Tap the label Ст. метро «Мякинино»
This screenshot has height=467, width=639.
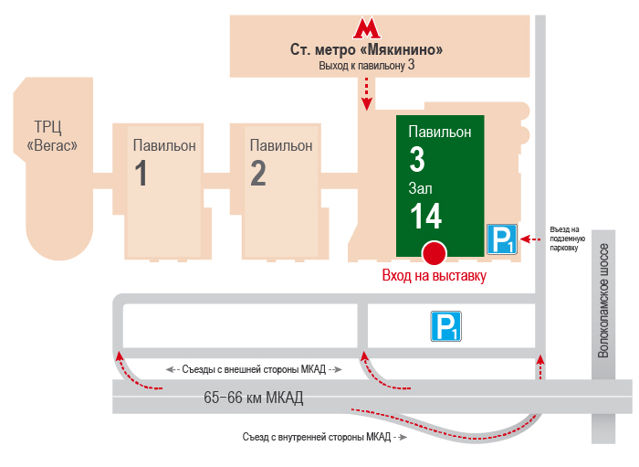(367, 49)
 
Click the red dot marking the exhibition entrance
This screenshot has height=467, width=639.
(435, 251)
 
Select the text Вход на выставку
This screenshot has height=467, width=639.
(434, 275)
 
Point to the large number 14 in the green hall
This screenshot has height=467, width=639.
(425, 217)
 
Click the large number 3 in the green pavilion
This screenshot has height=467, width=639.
(417, 161)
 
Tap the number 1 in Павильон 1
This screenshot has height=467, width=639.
(141, 173)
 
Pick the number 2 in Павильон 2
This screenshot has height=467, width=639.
(258, 173)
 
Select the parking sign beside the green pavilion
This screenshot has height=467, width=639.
(501, 239)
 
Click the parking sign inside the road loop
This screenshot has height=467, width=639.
(446, 326)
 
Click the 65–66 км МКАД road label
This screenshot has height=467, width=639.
(254, 398)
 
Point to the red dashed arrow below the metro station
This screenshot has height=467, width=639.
(367, 93)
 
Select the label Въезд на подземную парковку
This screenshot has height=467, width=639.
(564, 238)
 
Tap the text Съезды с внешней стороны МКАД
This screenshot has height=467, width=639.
(254, 369)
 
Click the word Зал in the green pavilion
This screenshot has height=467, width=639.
(421, 188)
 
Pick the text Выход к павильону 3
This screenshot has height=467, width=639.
(367, 66)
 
